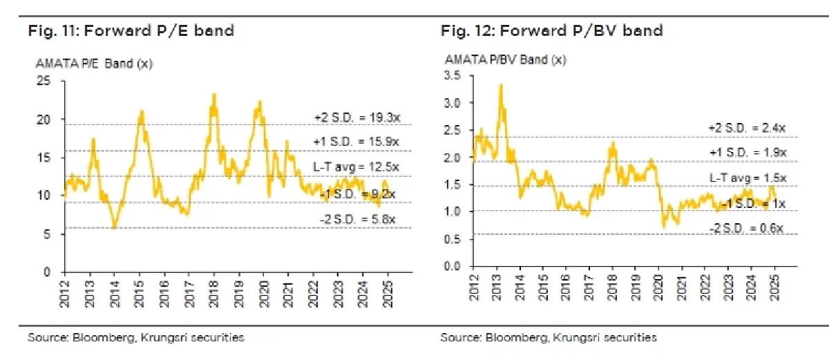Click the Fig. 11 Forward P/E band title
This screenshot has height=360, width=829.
click(131, 30)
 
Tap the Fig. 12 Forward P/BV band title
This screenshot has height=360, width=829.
click(551, 30)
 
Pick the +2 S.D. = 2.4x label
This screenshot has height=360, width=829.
click(747, 129)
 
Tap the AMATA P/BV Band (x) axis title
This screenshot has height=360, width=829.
click(505, 59)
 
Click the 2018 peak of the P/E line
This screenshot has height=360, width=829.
click(214, 94)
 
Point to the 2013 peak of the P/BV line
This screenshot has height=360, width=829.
click(500, 84)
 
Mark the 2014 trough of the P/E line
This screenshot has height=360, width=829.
click(114, 227)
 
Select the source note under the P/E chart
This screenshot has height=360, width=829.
click(135, 338)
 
